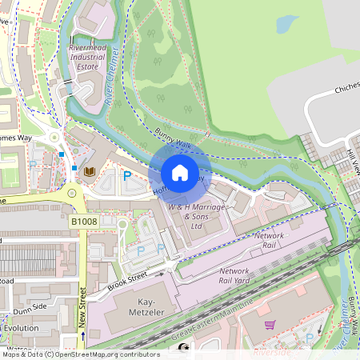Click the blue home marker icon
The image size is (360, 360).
tap(180, 172)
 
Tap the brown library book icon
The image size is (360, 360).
tap(90, 171)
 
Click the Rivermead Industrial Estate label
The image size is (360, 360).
tap(88, 57)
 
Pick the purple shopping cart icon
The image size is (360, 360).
tap(270, 325)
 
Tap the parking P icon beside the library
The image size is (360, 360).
tap(126, 175)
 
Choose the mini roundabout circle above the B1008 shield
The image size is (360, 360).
tap(71, 192)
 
